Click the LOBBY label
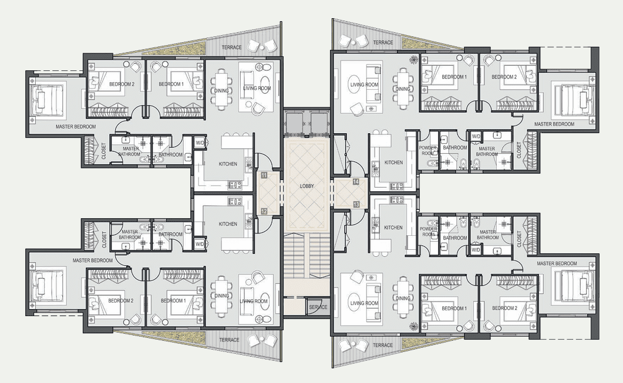tap(307, 186)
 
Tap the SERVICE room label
tap(318, 307)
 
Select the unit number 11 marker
tap(264, 175)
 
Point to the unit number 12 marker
tap(264, 211)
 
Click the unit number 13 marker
tap(356, 204)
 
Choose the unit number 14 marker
tap(356, 181)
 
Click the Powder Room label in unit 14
tap(428, 150)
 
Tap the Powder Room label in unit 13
tap(428, 232)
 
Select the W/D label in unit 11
tap(199, 143)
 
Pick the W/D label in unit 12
tap(199, 245)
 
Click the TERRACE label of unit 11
tap(231, 48)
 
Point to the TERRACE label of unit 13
tap(383, 345)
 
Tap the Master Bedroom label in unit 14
tap(554, 124)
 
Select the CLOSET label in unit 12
tap(105, 240)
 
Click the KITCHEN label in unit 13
tap(393, 228)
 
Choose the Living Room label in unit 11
tap(257, 88)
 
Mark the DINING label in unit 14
tap(402, 89)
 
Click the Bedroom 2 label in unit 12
tap(121, 301)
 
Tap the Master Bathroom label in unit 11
tap(129, 151)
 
